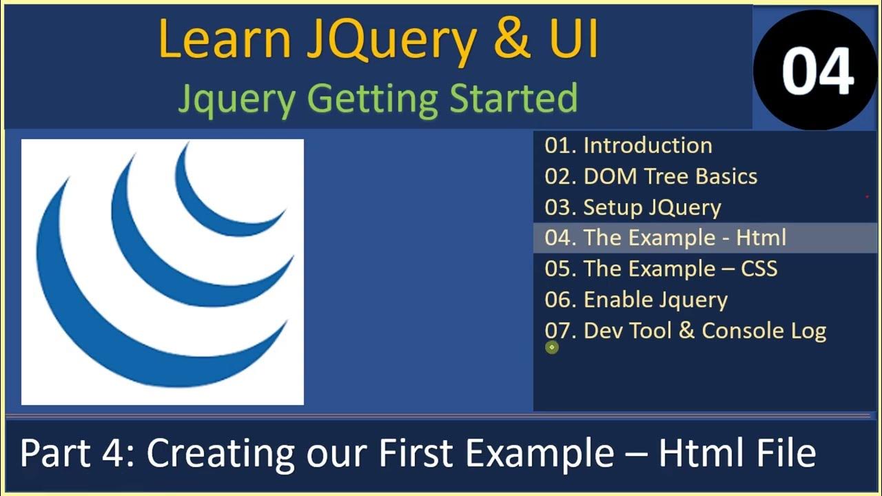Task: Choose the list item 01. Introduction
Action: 628,145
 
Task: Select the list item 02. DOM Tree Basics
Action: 650,176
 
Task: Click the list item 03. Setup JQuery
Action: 633,207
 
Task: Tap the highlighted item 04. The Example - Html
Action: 665,238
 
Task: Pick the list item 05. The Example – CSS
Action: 661,268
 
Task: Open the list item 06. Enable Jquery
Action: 635,300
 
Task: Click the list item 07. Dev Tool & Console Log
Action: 685,331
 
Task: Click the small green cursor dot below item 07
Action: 551,348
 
